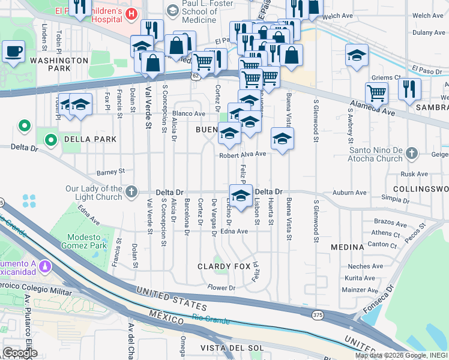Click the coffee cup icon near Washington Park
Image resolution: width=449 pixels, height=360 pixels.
tap(13, 51)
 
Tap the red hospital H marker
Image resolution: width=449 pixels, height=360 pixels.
tap(131, 13)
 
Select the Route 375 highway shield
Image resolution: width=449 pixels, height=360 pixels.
tap(318, 315)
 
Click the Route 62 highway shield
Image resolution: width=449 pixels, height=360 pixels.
tap(196, 77)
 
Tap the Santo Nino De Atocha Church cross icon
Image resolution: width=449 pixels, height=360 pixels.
tap(411, 154)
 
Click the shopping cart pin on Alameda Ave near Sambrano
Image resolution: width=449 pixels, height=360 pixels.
tap(376, 92)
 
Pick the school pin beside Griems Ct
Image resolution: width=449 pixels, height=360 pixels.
tap(357, 55)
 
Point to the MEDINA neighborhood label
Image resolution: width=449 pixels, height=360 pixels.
tap(347, 247)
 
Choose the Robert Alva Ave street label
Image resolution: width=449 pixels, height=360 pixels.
tap(242, 155)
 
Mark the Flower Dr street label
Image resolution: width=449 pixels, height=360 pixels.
tap(221, 288)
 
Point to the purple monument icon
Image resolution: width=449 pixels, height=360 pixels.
tap(44, 265)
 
